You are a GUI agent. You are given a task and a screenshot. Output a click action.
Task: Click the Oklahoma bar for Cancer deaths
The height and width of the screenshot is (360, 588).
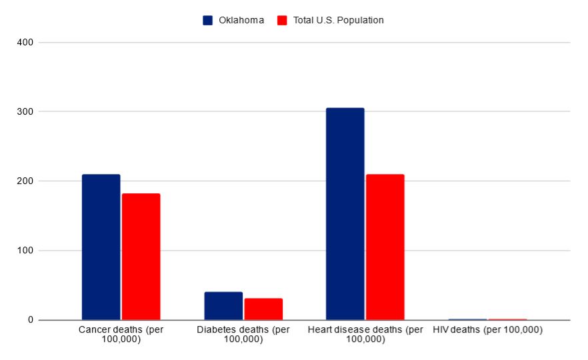101,247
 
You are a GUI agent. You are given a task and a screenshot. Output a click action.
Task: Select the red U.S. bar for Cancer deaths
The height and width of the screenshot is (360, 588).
141,257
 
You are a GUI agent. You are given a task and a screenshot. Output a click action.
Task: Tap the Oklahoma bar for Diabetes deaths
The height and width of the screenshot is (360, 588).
223,306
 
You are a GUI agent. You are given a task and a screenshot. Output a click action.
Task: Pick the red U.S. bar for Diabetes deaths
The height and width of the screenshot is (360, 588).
263,309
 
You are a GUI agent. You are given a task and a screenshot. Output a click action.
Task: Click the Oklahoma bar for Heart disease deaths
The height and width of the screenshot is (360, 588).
345,213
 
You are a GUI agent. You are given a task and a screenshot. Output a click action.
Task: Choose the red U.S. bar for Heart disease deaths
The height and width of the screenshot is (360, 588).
385,247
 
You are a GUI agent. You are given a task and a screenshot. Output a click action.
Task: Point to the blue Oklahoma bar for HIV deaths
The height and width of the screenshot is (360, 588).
467,319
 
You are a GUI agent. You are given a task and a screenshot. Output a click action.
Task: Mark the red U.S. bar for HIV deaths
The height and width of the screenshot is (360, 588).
507,319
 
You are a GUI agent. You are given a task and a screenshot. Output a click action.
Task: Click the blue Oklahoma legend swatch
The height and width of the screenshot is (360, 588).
208,20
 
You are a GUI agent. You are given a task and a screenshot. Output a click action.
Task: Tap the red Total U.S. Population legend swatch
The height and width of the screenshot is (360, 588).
281,20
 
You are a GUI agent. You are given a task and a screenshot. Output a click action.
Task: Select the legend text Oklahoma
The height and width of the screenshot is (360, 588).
241,20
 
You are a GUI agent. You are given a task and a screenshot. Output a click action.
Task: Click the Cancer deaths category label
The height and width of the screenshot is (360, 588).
121,335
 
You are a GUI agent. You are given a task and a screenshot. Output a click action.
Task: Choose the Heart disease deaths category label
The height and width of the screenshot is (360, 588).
365,335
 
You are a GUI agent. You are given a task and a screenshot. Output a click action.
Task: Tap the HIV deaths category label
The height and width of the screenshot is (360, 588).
487,330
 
